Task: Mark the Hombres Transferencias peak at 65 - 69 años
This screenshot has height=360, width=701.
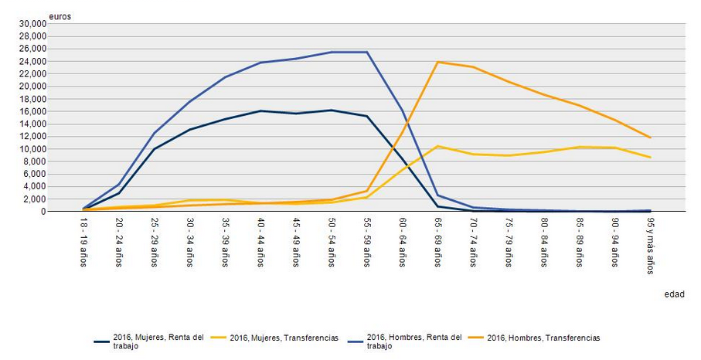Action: tap(437, 62)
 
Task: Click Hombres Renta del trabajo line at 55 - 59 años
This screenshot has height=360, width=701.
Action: tap(367, 52)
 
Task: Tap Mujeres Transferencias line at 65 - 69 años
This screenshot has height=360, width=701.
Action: tap(437, 146)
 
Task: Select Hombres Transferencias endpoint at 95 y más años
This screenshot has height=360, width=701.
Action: tap(650, 138)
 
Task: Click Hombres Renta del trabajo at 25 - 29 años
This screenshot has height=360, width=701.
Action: tap(155, 133)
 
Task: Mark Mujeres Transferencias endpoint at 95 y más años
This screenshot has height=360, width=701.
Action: tap(650, 158)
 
